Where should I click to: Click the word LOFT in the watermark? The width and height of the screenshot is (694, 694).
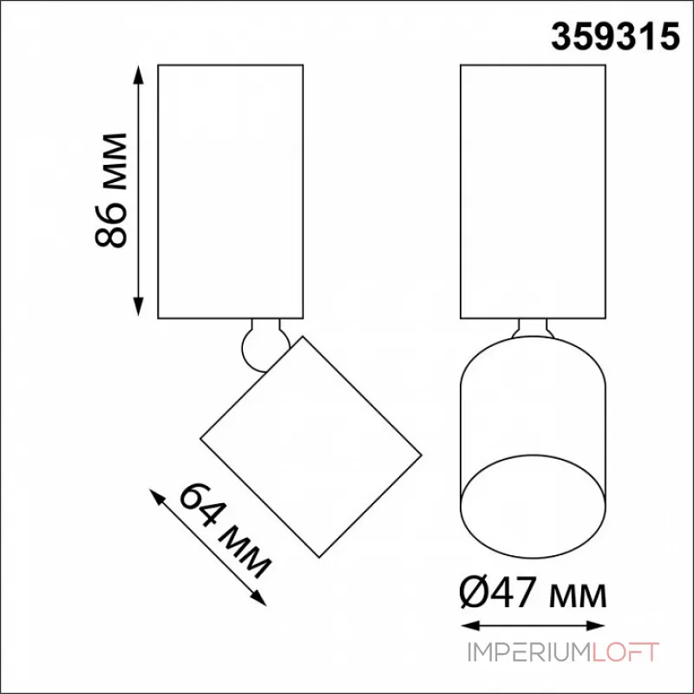point(625,652)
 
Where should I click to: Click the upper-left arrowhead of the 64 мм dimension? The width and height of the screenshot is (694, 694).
point(157,494)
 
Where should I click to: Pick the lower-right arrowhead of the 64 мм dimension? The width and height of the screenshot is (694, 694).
point(259,599)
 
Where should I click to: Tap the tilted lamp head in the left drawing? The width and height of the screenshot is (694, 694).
point(310,446)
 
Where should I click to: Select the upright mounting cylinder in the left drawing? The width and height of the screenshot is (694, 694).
point(230,191)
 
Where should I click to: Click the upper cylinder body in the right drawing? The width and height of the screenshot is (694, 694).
point(532,191)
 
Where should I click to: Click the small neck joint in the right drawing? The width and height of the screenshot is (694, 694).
point(532,328)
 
